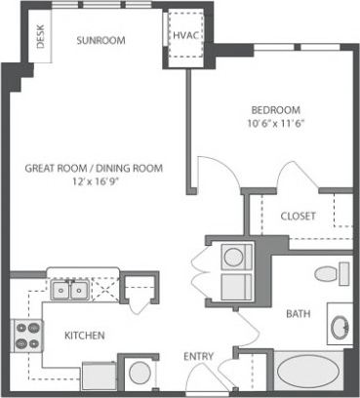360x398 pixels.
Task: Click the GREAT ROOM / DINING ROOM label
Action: point(94,168)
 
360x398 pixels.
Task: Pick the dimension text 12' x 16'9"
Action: point(94,181)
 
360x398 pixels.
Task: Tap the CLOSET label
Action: point(297,216)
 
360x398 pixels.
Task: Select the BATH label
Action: point(298,314)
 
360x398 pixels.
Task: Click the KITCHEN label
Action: point(85,335)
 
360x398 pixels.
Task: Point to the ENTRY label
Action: point(199,356)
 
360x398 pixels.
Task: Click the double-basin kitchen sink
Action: point(67,289)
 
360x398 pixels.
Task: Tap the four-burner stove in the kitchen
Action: point(24,337)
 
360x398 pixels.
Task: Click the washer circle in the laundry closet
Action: point(234,258)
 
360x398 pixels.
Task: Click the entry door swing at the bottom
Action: point(231,376)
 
